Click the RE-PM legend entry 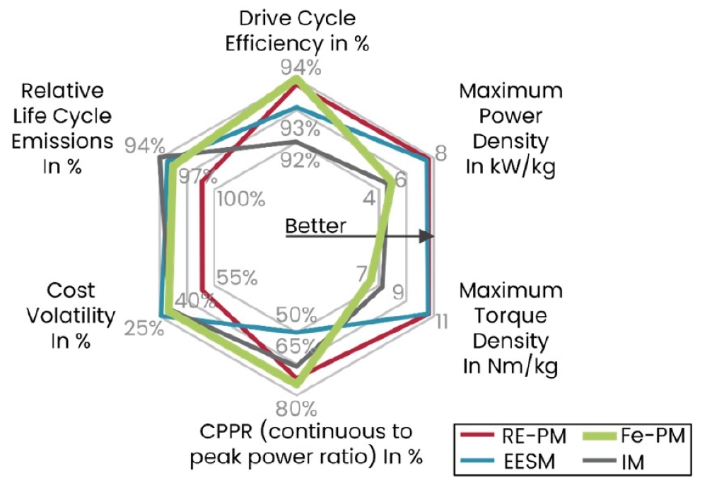(x=513, y=436)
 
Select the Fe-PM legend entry (x=634, y=436)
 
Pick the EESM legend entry (x=508, y=461)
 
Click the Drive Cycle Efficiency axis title (x=297, y=31)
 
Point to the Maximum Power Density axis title (x=511, y=129)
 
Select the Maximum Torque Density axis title (x=511, y=328)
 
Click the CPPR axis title (x=306, y=444)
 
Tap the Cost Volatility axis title (x=71, y=315)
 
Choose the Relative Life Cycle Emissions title (x=62, y=129)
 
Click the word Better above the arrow (x=315, y=226)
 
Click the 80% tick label (x=296, y=409)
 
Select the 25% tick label (x=144, y=328)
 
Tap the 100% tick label (x=241, y=199)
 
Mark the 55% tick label (x=237, y=278)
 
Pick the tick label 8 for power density (x=440, y=153)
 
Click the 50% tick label (x=296, y=315)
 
